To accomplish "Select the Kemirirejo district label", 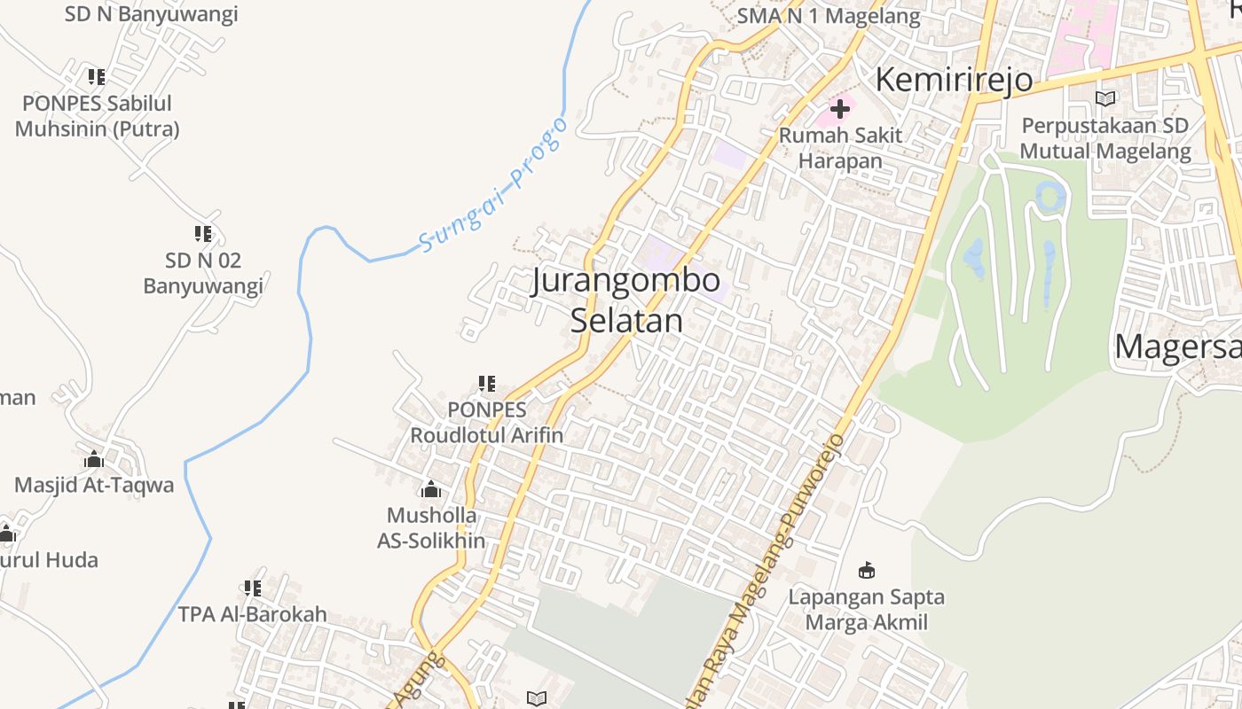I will point(954,80).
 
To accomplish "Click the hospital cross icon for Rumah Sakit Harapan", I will point(840,110).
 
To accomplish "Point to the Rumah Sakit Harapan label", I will point(840,148).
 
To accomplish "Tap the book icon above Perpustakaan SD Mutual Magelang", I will point(1105,98).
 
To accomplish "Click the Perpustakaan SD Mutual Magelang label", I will point(1105,138).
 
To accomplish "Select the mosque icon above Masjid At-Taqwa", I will point(94,460).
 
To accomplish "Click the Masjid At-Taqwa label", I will point(94,486).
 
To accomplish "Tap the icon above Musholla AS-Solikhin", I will point(431,489).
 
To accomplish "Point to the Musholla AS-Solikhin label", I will point(431,528).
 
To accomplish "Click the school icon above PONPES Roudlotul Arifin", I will point(486,384).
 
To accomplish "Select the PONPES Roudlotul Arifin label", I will point(486,423).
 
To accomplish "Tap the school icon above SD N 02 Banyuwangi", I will point(203,234).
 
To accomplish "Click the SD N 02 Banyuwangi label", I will point(203,273).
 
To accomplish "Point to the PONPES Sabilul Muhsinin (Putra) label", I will point(97,116).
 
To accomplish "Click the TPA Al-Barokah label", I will point(253,614).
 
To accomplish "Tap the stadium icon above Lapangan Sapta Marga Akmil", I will point(867,570).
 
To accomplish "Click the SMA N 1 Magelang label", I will point(829,16).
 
